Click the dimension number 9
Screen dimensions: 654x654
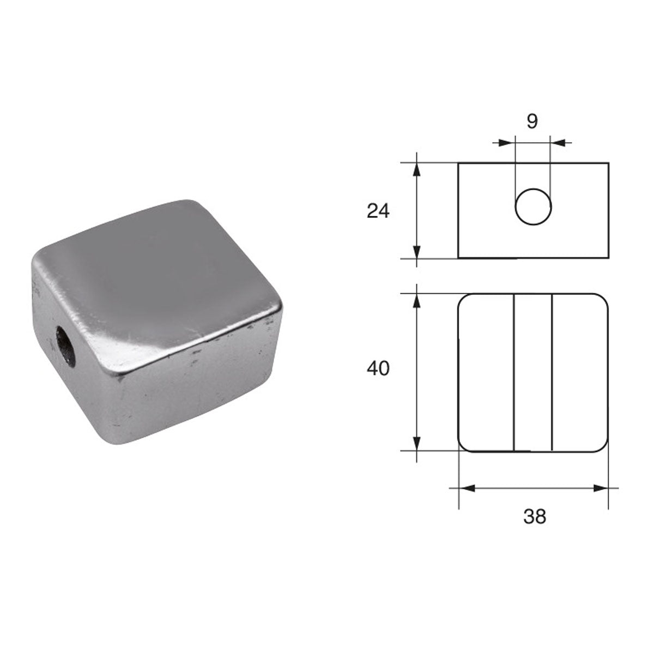coord(532,121)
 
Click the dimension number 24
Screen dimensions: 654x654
coord(378,210)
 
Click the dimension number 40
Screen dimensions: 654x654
coord(378,369)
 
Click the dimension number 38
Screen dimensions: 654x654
coord(534,516)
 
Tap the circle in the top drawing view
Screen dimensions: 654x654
coord(534,207)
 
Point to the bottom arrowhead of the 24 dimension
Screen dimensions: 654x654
coord(417,252)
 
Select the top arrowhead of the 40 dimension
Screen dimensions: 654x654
coord(417,300)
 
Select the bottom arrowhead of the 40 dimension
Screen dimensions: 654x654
coord(417,444)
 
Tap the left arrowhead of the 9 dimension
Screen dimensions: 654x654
coord(509,143)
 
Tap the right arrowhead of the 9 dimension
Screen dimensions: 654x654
coord(556,143)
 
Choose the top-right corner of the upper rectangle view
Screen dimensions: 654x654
coord(608,163)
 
